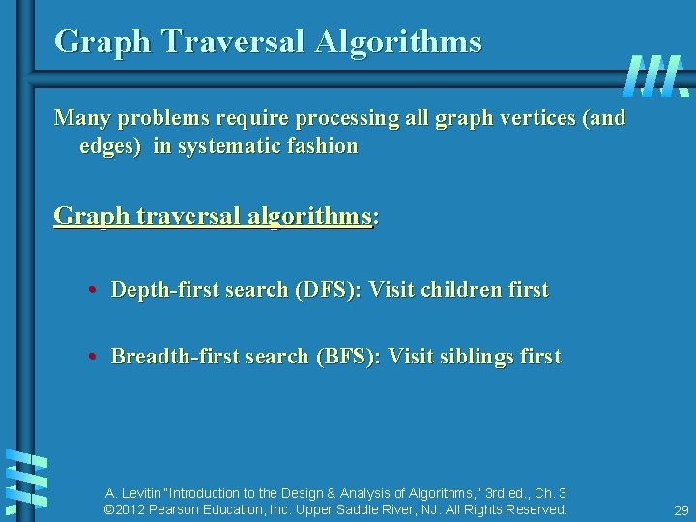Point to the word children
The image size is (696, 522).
point(459,290)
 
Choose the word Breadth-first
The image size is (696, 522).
point(170,357)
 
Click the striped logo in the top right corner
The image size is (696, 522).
point(654,75)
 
